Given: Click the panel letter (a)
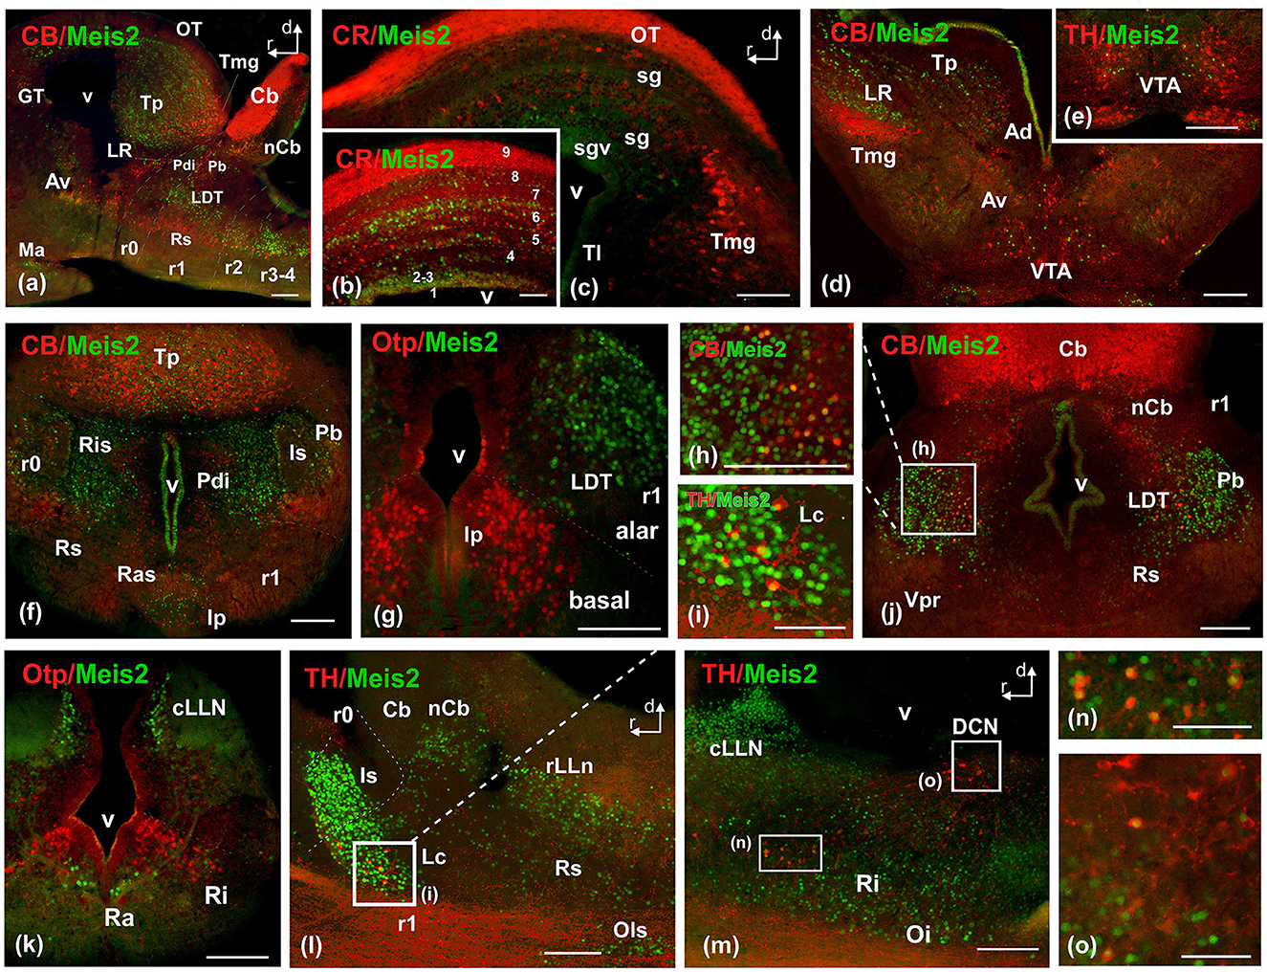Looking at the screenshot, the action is [x=32, y=283].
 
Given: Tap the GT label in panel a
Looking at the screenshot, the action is [x=31, y=96].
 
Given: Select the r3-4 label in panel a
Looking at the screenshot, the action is [x=277, y=276].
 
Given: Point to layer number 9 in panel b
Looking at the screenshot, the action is [x=506, y=152].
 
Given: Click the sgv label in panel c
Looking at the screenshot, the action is [x=592, y=148].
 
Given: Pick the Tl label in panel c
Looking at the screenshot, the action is [x=592, y=253].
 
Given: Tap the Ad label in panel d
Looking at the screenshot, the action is [x=1017, y=131].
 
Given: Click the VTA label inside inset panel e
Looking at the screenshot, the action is [x=1160, y=86].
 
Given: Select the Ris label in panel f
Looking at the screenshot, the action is [x=95, y=445].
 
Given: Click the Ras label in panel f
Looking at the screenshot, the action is [x=136, y=574].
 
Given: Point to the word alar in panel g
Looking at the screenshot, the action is [x=636, y=532].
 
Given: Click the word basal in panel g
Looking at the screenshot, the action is [x=600, y=601].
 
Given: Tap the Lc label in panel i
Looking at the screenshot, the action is [x=811, y=515].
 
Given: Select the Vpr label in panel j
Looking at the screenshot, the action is [x=922, y=601].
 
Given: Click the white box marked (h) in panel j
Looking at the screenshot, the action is [x=938, y=498].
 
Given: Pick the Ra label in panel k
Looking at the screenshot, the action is [x=119, y=917].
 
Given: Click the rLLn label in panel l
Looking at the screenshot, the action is [x=569, y=765].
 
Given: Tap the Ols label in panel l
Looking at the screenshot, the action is [x=630, y=930].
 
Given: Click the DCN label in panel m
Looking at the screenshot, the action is [x=974, y=727].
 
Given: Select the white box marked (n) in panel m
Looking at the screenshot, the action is [x=790, y=852].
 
